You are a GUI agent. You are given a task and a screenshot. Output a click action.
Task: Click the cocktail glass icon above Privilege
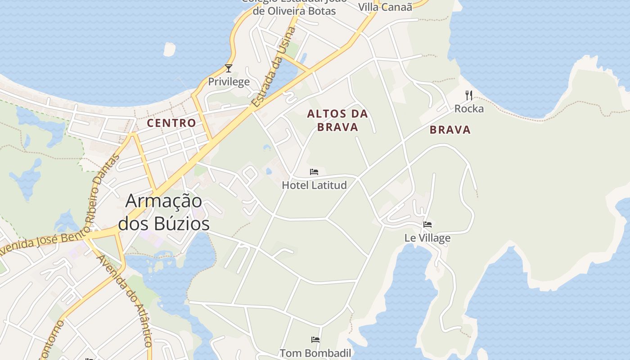[x=229, y=68]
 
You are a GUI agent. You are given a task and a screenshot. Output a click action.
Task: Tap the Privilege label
[x=229, y=81]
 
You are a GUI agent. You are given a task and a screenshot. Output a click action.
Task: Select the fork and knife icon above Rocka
[x=469, y=95]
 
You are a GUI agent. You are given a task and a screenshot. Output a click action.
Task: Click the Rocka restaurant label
[x=469, y=108]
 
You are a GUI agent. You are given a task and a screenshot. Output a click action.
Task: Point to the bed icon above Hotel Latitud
[x=314, y=172]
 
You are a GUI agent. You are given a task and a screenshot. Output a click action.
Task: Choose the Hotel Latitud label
[x=314, y=185]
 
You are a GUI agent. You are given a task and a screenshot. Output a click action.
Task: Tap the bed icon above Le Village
[x=427, y=224]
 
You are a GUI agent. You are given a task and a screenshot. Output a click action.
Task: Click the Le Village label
[x=427, y=238]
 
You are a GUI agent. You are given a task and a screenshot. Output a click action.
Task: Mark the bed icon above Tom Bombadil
[x=315, y=339]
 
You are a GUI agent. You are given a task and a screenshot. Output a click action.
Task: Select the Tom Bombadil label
[x=315, y=353]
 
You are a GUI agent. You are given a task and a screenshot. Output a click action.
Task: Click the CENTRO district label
[x=171, y=123]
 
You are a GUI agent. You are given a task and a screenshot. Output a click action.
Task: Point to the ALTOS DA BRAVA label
[x=337, y=120]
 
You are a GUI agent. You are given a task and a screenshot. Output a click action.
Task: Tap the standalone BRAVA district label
[x=450, y=130]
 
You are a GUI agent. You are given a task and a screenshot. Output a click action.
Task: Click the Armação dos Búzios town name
[x=163, y=211]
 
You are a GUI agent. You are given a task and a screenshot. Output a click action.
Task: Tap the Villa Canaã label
[x=385, y=7]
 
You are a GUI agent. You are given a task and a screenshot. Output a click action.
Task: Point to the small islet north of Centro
[x=170, y=49]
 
